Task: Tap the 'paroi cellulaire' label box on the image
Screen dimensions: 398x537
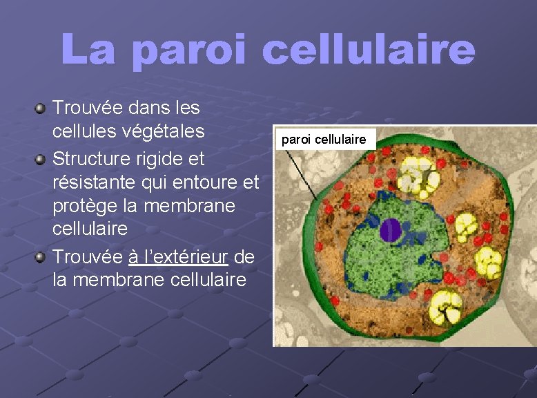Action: tap(324, 140)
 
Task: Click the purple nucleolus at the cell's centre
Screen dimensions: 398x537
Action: tap(391, 230)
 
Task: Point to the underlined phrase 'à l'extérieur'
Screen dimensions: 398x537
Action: tap(178, 258)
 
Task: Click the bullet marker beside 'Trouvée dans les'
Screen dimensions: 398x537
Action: tap(41, 108)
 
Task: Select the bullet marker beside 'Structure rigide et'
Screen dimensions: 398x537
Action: tap(41, 160)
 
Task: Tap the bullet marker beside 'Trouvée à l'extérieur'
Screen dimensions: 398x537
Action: tap(41, 258)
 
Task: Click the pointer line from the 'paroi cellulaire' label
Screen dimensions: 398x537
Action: tap(302, 173)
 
